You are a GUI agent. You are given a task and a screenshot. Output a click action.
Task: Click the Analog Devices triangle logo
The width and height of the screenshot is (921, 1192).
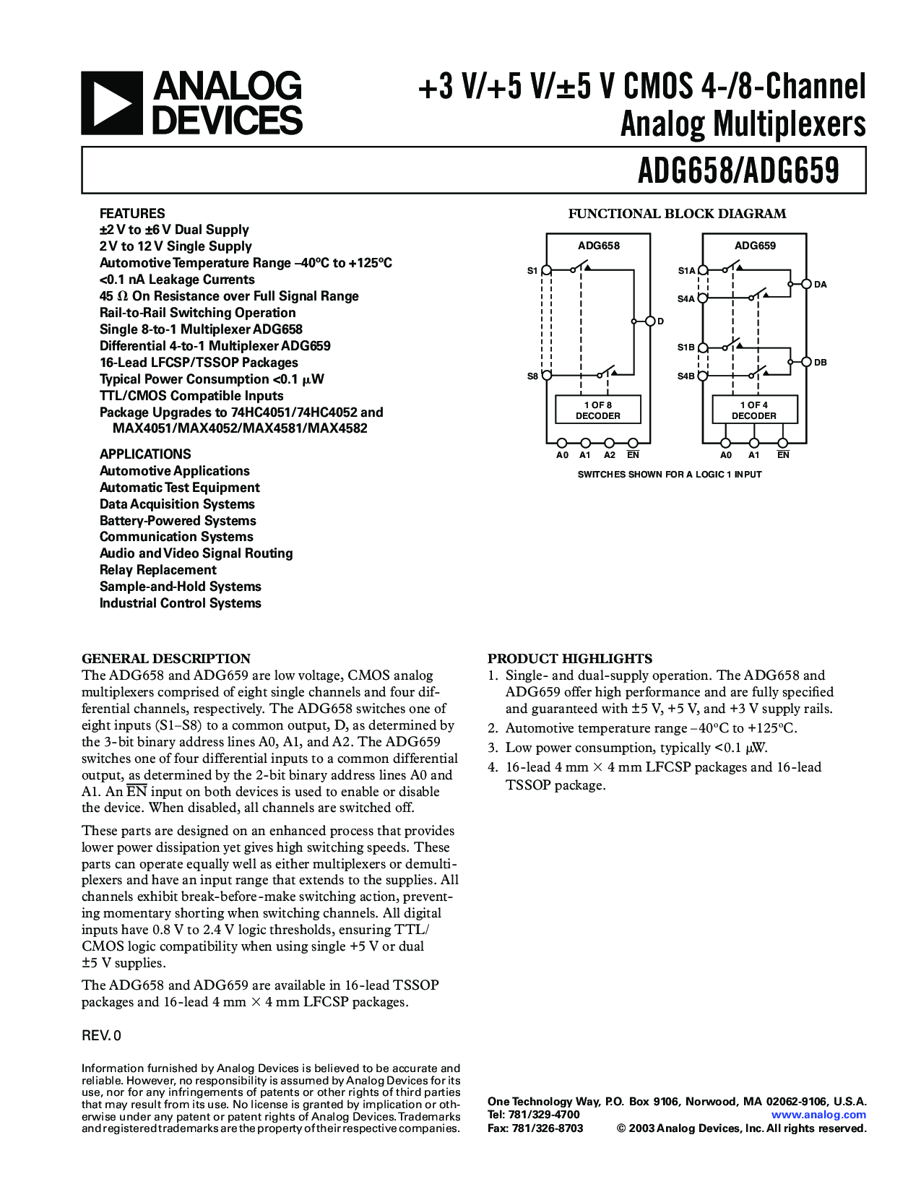(111, 103)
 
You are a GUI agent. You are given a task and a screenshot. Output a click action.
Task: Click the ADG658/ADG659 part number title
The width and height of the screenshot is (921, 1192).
(738, 171)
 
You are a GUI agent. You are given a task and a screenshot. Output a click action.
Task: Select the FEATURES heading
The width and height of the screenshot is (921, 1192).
(132, 213)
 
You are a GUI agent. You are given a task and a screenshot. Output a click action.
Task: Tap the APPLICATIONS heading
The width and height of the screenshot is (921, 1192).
(145, 454)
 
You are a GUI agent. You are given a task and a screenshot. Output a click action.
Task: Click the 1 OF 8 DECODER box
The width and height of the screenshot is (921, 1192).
(597, 410)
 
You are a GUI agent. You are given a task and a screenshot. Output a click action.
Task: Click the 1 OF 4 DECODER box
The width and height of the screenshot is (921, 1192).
(754, 410)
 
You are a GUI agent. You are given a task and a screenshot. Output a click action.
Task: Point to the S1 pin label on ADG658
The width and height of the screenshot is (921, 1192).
(532, 271)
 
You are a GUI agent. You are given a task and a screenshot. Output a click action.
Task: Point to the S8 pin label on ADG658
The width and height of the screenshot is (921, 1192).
(532, 376)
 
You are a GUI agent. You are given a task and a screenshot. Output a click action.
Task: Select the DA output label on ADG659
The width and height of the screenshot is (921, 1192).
(821, 285)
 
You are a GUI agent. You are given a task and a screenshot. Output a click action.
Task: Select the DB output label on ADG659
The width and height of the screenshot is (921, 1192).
(821, 362)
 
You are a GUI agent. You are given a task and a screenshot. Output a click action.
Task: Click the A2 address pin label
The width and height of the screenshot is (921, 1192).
(610, 455)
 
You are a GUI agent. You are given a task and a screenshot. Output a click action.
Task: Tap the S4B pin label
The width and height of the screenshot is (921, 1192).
(686, 376)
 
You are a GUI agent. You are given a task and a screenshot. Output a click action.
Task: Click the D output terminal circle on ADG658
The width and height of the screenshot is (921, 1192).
(649, 321)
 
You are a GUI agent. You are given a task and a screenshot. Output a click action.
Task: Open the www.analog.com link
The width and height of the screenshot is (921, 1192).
(818, 1115)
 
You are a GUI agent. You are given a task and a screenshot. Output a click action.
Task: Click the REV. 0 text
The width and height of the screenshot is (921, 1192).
(101, 1036)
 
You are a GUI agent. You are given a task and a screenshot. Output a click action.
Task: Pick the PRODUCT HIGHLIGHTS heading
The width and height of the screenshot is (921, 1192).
(570, 658)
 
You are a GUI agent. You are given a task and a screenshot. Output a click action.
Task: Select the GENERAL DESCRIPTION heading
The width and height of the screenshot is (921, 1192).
(166, 658)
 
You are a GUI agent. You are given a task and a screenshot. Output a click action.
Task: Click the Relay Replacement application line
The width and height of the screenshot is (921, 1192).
(158, 570)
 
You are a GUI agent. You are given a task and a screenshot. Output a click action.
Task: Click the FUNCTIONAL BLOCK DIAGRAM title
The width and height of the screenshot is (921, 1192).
(677, 214)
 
